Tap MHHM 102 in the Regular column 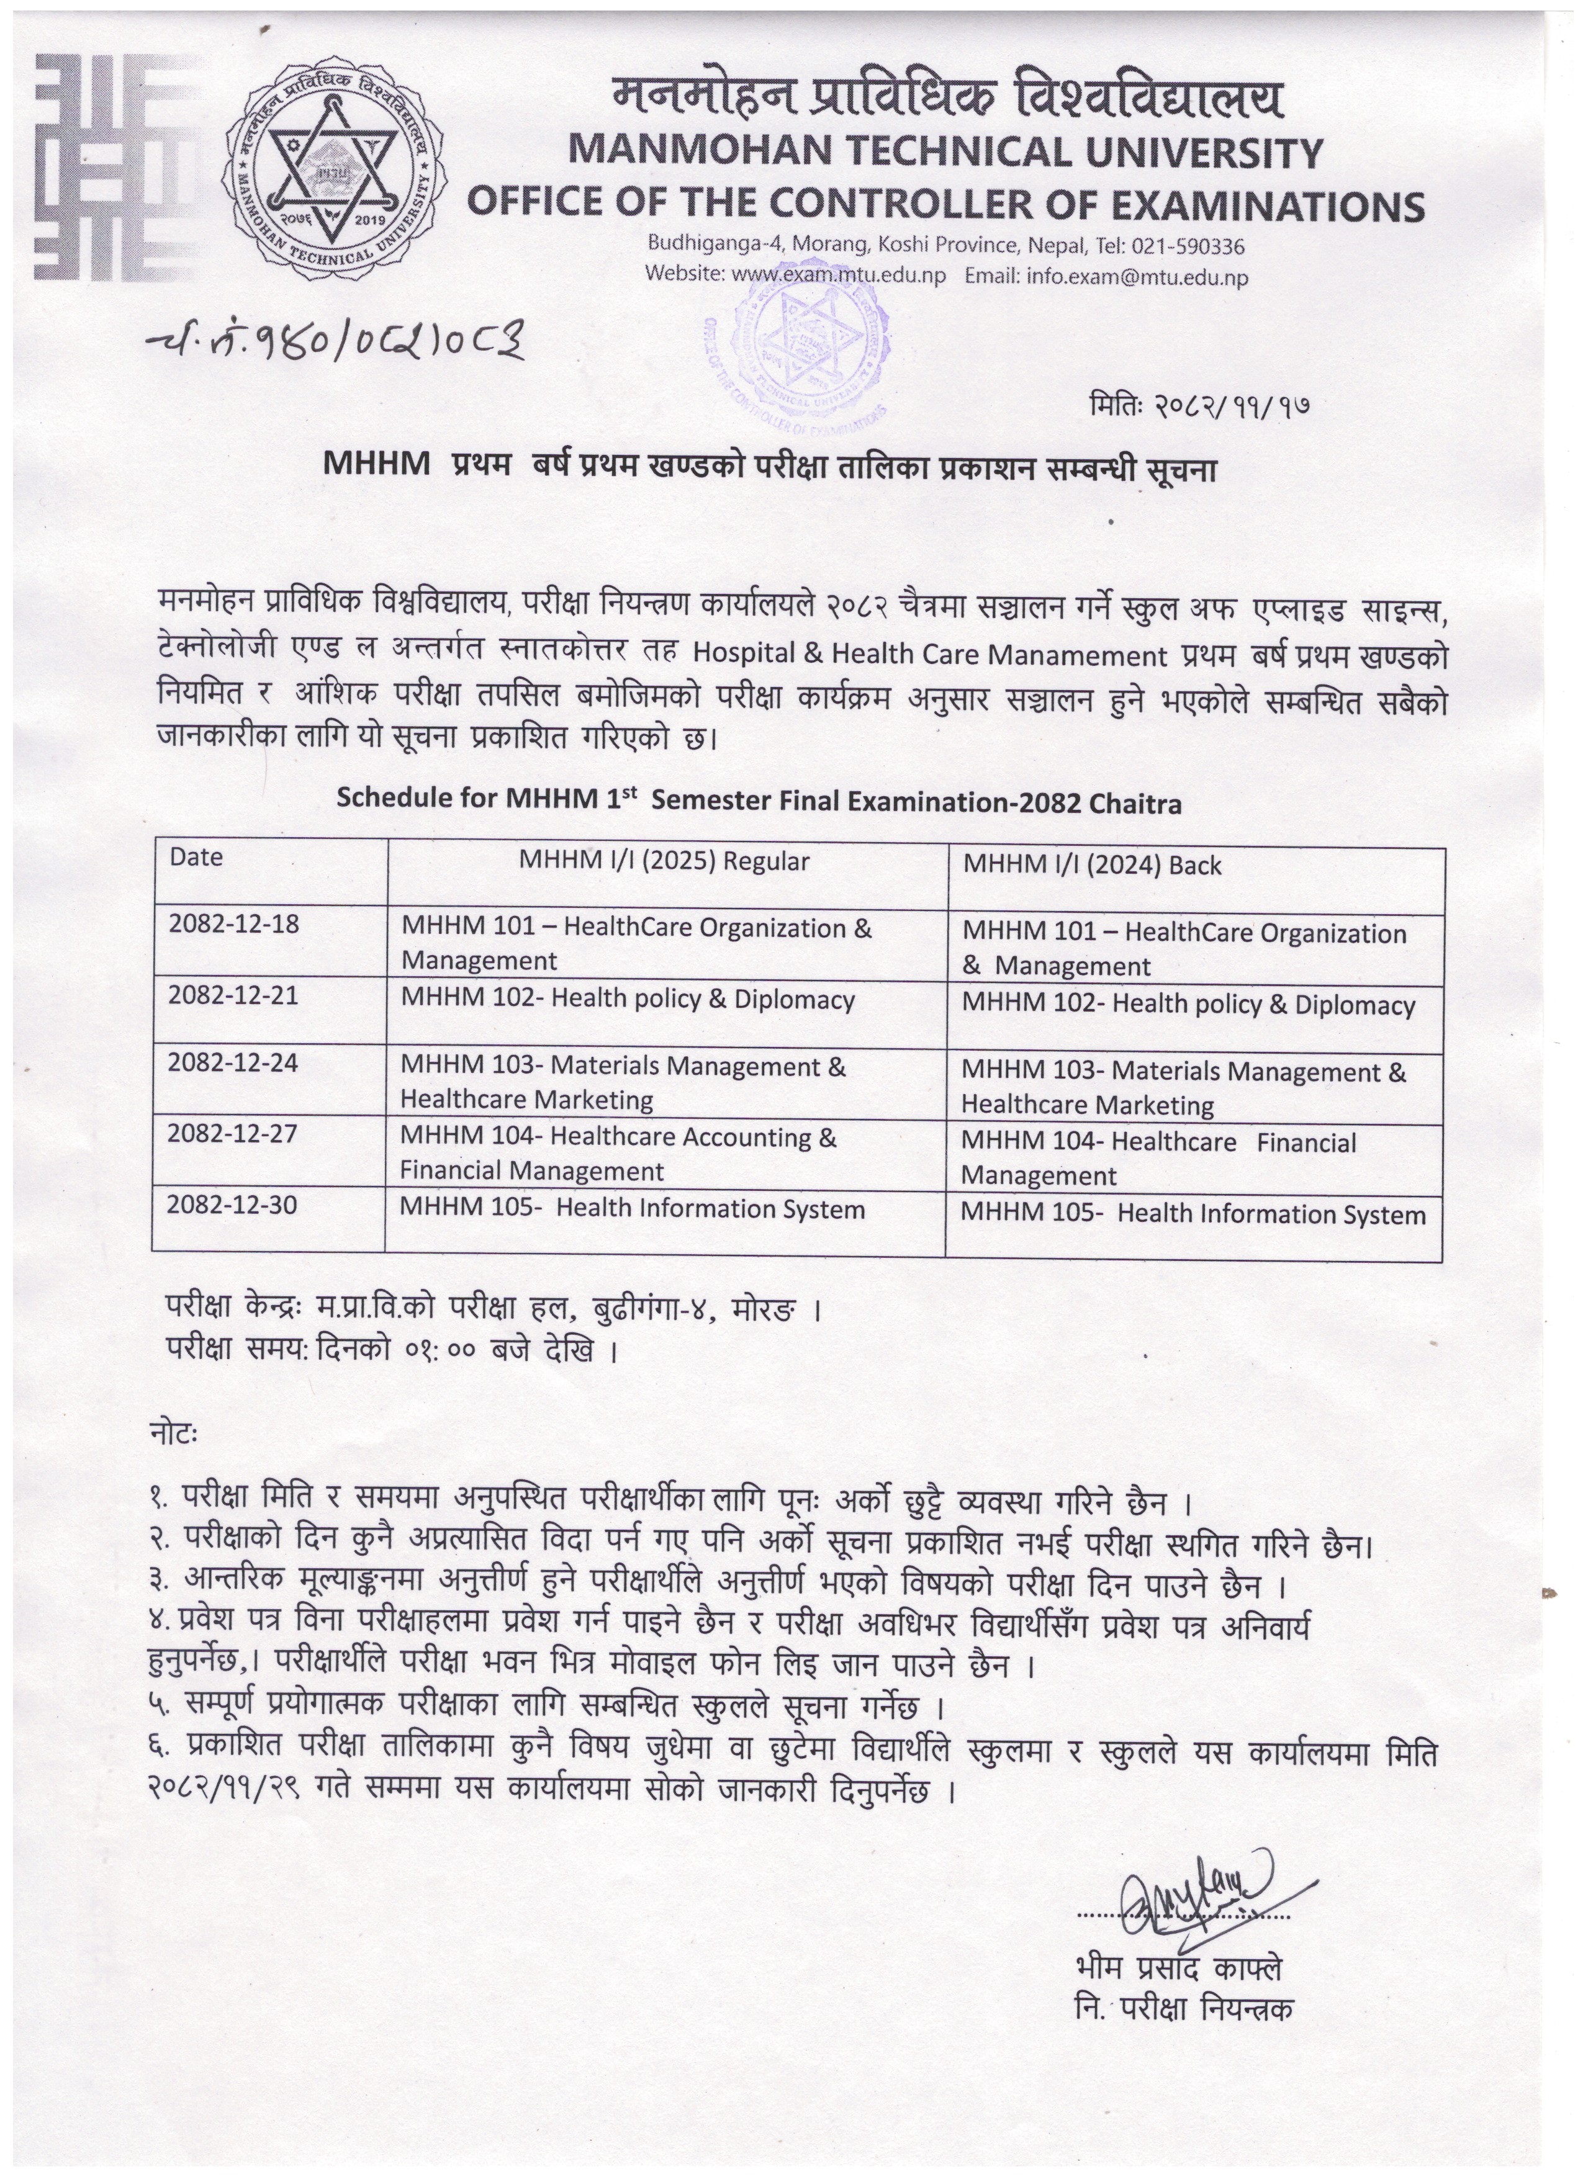(628, 999)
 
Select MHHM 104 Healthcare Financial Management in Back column (1158, 1159)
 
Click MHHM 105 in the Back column (1193, 1214)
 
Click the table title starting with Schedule (759, 802)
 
